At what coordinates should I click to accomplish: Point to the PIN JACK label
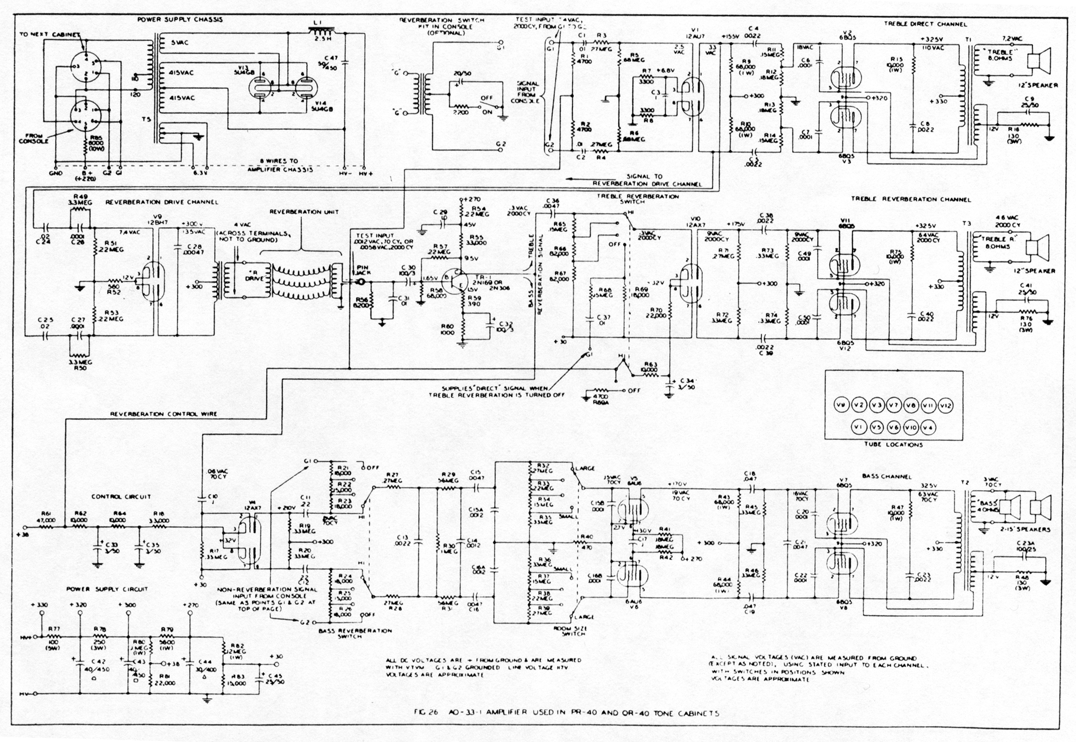click(361, 270)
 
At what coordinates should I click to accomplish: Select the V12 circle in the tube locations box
click(946, 406)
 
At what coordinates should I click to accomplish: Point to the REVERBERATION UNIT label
click(304, 212)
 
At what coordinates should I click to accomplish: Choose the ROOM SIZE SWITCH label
click(572, 631)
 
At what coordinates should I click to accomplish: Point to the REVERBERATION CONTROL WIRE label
click(163, 414)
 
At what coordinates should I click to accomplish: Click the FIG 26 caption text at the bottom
click(567, 713)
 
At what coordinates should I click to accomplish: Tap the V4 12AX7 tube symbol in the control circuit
click(249, 541)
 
